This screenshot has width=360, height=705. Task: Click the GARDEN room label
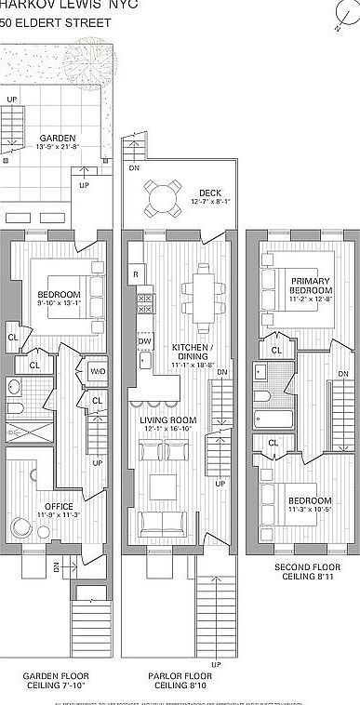[x=57, y=138]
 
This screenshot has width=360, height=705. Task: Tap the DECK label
[x=209, y=192]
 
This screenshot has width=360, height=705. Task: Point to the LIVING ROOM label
[x=167, y=421]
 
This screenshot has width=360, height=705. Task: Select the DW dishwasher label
[x=144, y=342]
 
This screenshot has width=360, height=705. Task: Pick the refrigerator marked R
[x=137, y=275]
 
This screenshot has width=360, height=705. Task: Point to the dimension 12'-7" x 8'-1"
[x=209, y=201]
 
